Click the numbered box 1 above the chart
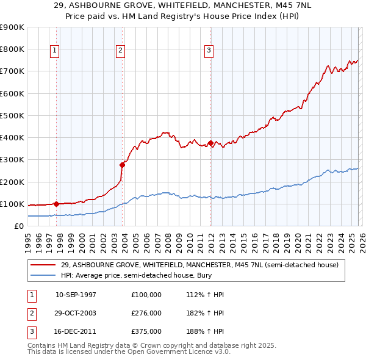click(x=55, y=51)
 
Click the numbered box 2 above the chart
click(x=121, y=51)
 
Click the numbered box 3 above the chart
click(x=209, y=51)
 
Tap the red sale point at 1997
click(x=56, y=204)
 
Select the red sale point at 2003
click(x=122, y=165)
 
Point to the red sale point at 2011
click(x=210, y=143)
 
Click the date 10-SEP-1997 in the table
click(x=76, y=295)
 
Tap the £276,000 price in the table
click(x=146, y=313)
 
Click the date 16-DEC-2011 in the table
click(x=76, y=331)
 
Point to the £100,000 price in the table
click(x=146, y=295)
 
